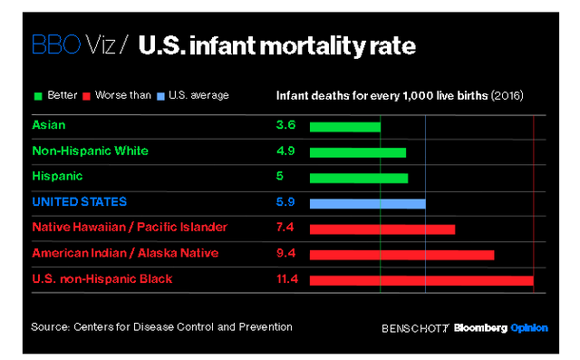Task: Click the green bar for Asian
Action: (345, 127)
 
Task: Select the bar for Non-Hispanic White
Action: (358, 152)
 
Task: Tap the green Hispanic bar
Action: (359, 178)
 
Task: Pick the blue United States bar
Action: (368, 203)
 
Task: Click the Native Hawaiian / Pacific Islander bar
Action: (382, 229)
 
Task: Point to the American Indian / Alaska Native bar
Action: (402, 255)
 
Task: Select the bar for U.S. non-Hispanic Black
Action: (421, 280)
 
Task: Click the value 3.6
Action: (285, 125)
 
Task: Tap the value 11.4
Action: (287, 278)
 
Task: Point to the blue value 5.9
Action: (285, 201)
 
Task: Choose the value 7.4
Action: (285, 227)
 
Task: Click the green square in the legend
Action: (38, 96)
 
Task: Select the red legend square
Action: (86, 96)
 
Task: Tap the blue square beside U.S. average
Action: (160, 96)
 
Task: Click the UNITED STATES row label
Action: (80, 201)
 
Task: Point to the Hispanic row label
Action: (57, 176)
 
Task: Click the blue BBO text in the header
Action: (56, 44)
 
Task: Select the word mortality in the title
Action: (312, 46)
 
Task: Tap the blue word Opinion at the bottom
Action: (529, 328)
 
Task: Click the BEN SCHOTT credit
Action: (415, 328)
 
